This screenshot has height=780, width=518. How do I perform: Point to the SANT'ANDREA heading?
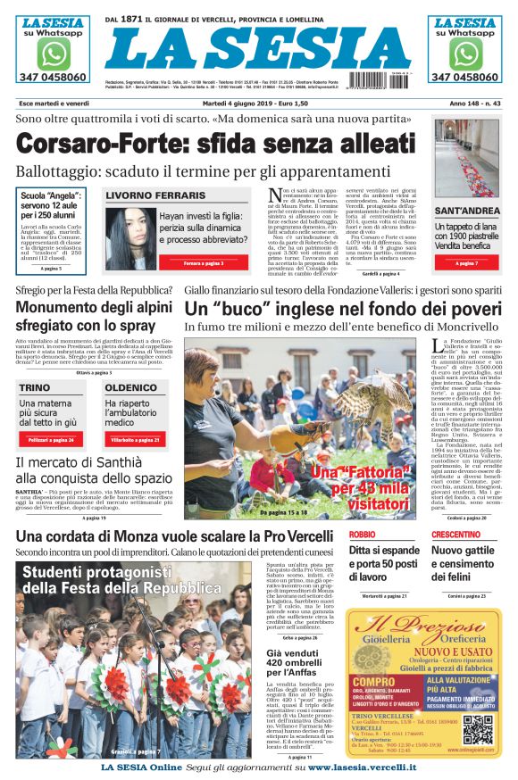pos(466,212)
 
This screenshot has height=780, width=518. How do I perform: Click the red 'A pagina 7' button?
pos(466,263)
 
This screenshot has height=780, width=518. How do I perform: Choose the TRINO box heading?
pos(35,388)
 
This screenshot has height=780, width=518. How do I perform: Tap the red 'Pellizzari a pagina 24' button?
pos(50,440)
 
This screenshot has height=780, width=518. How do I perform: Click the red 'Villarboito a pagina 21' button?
pos(135,440)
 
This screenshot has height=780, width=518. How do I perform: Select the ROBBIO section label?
pos(362,534)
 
